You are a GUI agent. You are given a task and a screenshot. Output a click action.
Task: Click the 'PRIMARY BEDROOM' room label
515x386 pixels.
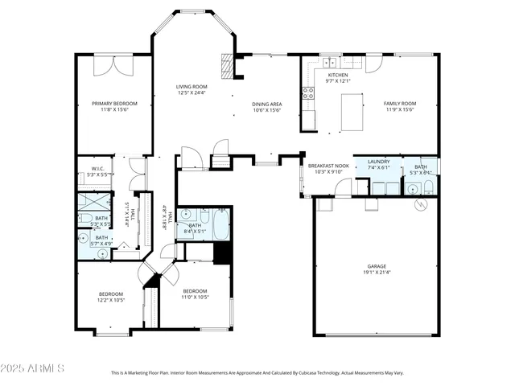(113, 103)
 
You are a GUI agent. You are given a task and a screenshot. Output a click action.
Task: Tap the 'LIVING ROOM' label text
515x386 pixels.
(192, 86)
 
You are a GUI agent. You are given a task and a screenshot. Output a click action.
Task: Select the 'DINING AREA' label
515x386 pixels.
(266, 104)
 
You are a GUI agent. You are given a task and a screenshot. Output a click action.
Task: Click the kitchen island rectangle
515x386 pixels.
(351, 112)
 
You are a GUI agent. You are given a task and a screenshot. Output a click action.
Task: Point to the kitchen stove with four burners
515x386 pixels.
(307, 92)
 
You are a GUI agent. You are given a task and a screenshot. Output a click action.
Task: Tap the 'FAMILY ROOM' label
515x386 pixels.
(399, 104)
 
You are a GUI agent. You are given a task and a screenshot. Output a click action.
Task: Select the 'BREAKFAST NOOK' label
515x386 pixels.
(328, 165)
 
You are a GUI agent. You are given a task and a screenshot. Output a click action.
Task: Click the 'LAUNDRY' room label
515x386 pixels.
(378, 162)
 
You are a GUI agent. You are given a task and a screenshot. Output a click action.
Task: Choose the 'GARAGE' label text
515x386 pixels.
(377, 265)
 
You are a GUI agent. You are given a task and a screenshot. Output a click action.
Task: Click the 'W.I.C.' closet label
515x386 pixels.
(93, 168)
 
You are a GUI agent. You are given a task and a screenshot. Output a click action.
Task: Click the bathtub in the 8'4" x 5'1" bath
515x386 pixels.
(220, 225)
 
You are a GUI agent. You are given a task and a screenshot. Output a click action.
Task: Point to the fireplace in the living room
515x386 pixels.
(230, 66)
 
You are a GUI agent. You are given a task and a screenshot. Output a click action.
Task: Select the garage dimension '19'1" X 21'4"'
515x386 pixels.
(377, 273)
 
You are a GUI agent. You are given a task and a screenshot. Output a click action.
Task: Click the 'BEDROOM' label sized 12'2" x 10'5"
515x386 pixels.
(110, 294)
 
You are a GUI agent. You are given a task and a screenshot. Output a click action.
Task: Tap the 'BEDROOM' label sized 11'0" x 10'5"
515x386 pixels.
(195, 291)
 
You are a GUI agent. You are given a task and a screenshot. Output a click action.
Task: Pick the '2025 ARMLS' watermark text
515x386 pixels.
(34, 368)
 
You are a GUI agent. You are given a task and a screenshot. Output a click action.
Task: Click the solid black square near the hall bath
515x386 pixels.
(222, 252)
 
